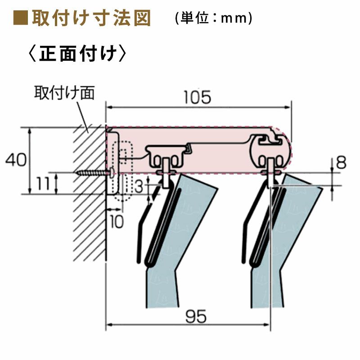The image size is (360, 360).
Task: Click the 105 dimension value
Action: (198, 97)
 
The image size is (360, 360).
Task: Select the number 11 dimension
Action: (44, 184)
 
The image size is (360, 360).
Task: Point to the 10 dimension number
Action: (116, 222)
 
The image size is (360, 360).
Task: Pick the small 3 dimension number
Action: (140, 186)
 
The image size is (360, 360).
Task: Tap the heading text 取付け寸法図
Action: (90, 19)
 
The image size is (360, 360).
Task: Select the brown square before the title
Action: (20, 19)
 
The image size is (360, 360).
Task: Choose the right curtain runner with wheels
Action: (270, 160)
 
